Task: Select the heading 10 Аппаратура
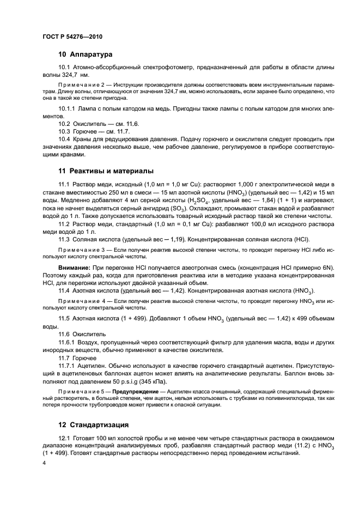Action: coord(86,54)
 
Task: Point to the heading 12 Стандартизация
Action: coord(96,424)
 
